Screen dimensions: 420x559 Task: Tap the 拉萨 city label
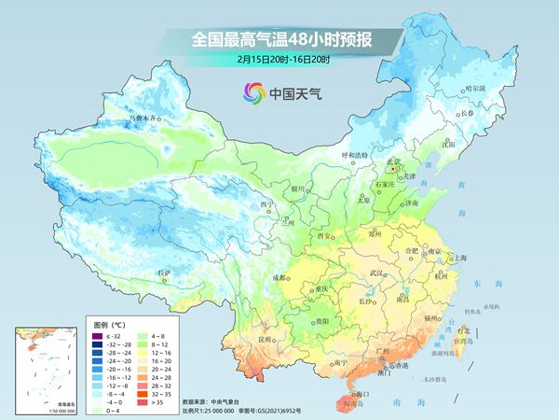point(165,272)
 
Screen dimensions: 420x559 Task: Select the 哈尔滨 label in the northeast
point(475,87)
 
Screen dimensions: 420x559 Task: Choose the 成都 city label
point(279,277)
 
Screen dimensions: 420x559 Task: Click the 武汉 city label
point(377,273)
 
